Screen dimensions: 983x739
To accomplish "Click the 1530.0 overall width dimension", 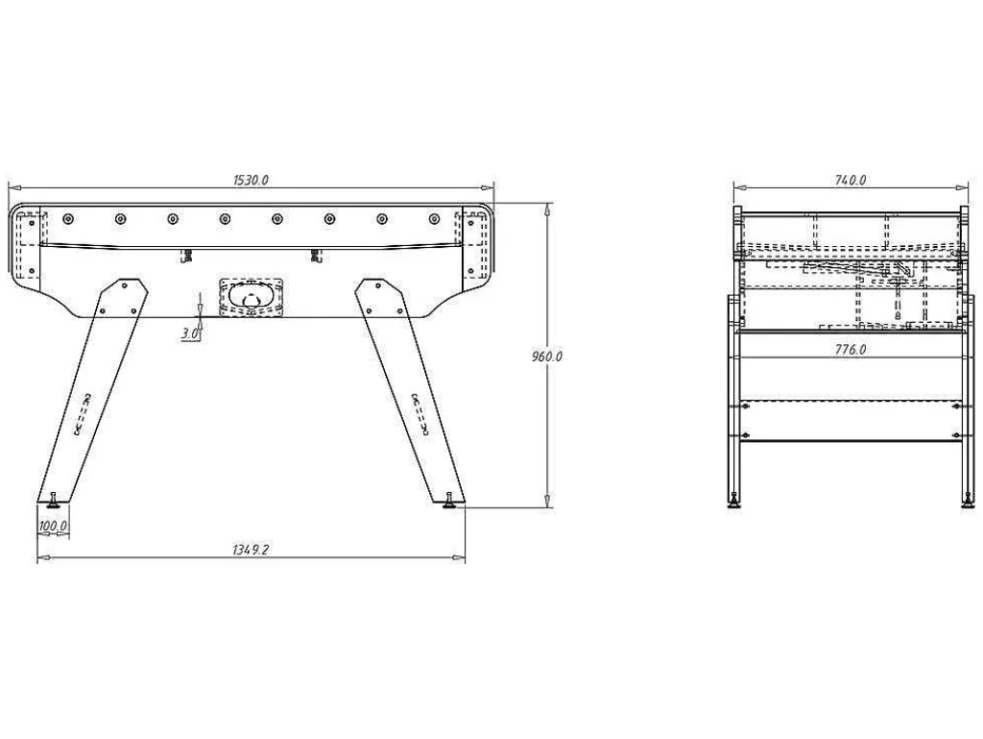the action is (x=251, y=180).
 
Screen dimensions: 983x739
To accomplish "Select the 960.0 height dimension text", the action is (x=546, y=357).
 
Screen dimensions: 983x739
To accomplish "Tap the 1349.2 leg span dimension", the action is (x=251, y=550).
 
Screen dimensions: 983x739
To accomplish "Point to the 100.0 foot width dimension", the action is (x=53, y=526).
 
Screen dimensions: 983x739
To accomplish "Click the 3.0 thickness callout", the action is (x=190, y=333).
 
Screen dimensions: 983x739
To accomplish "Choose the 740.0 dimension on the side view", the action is (x=851, y=180).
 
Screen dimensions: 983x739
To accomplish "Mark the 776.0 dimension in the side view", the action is (x=851, y=350).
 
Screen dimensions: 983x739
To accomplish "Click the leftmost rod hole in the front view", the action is (x=68, y=218).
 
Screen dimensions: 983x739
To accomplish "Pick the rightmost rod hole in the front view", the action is (x=434, y=218).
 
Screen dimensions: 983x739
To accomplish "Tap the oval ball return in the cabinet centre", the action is (x=251, y=297).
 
